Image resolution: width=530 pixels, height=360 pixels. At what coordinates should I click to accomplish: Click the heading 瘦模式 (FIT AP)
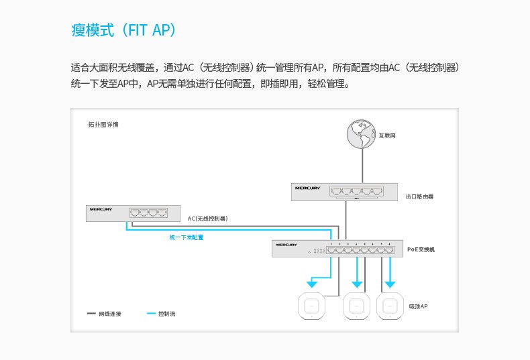(123, 29)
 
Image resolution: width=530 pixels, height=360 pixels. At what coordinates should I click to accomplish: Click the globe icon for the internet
(361, 133)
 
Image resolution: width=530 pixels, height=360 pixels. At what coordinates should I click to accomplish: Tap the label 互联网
(387, 135)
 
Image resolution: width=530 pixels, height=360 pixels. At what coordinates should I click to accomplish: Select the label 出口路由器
(419, 196)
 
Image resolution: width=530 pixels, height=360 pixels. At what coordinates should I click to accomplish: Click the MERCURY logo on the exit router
(307, 188)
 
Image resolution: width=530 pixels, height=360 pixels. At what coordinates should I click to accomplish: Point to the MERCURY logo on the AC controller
(101, 209)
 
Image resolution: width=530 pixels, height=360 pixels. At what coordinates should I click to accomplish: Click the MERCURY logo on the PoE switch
(286, 245)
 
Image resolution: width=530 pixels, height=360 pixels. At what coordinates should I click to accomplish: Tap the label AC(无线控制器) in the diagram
(207, 219)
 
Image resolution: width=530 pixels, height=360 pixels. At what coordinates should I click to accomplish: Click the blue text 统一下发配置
(187, 237)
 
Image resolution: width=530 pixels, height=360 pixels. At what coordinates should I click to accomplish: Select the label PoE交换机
(421, 249)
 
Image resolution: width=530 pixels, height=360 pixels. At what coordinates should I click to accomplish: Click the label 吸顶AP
(418, 306)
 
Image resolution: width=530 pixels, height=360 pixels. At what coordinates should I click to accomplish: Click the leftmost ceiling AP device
(311, 306)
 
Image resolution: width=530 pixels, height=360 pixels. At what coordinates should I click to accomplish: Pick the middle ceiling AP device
(356, 306)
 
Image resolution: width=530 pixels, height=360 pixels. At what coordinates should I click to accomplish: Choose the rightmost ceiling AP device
(390, 306)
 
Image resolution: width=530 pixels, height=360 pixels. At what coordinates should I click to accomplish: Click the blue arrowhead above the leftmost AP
(312, 284)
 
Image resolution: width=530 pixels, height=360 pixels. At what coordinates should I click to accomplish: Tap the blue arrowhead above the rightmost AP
(390, 284)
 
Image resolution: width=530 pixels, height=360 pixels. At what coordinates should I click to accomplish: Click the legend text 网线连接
(110, 314)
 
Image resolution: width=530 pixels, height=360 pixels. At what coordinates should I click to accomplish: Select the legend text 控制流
(166, 314)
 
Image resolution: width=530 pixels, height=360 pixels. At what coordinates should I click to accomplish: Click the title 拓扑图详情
(103, 125)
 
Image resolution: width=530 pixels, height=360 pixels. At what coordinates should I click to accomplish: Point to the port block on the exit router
(357, 191)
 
